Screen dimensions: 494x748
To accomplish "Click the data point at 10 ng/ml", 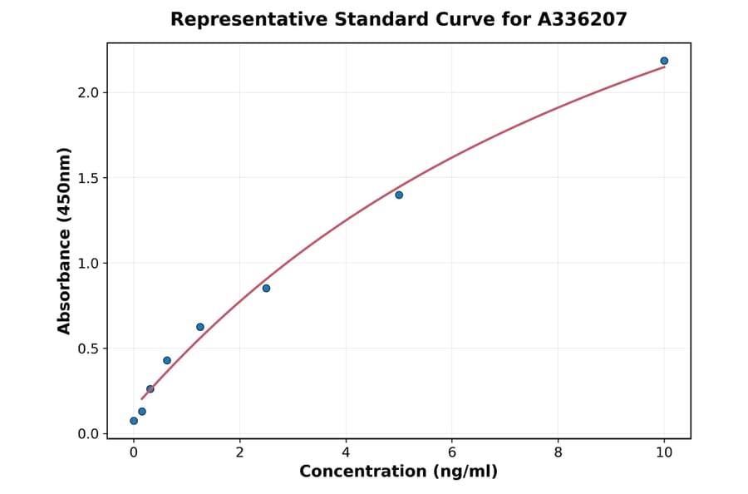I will (x=664, y=61).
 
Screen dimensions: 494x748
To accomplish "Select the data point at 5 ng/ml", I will (x=399, y=195).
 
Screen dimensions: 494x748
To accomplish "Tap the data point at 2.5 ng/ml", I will (x=266, y=288).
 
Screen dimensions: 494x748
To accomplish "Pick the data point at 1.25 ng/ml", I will (x=200, y=327).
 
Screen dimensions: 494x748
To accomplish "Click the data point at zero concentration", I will (x=134, y=421).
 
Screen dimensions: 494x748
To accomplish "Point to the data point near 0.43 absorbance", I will (x=167, y=360).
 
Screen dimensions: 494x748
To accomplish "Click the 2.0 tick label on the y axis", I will (x=87, y=92).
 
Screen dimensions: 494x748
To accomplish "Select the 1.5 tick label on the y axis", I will (x=87, y=178).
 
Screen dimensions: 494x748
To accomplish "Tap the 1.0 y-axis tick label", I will (x=87, y=264).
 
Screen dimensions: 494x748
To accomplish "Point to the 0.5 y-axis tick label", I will (x=87, y=348).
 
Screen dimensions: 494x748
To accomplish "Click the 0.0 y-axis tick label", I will (x=87, y=434).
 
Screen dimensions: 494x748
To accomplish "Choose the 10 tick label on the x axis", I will (x=664, y=452).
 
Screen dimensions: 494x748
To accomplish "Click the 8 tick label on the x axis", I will (x=558, y=452).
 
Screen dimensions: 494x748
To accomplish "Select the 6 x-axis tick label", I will (x=452, y=452).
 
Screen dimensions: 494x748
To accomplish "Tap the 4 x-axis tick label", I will (x=346, y=452).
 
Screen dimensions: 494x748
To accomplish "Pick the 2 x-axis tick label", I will (x=239, y=452).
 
